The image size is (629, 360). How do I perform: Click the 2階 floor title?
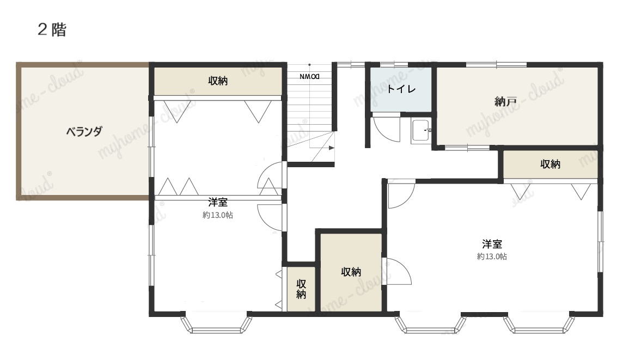point(52,30)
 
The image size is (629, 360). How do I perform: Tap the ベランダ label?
point(84,131)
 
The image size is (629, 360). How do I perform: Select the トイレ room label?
point(401,89)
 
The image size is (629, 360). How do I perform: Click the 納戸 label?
point(505,101)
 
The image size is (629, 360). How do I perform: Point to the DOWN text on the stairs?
point(309,77)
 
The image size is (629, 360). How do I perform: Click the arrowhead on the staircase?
point(332,148)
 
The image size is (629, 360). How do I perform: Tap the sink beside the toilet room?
point(421,131)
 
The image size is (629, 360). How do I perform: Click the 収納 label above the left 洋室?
point(218,81)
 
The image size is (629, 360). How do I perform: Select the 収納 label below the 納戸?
point(550,164)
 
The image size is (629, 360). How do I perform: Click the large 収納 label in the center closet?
point(351,272)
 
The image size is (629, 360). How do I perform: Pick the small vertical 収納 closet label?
point(301,289)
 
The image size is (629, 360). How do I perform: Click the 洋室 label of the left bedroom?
point(218,202)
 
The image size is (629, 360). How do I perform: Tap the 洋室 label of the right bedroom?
point(492,243)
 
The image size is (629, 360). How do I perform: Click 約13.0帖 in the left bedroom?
point(218,215)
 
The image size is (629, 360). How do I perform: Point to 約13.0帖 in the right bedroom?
point(492,257)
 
